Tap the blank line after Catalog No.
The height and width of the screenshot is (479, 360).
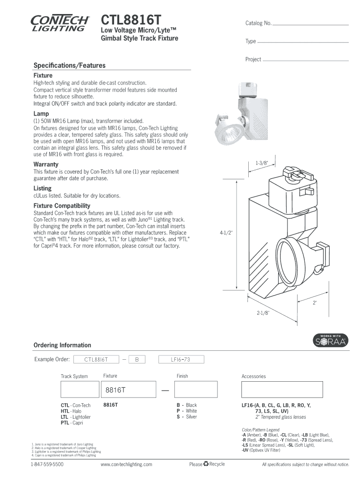coord(310,24)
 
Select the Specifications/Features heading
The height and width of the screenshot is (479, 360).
coord(69,65)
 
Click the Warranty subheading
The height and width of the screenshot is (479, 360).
coord(46,164)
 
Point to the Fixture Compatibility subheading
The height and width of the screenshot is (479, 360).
coord(62,206)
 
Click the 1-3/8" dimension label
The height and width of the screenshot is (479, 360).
coord(262,163)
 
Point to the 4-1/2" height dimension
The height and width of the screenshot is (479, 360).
coord(226,232)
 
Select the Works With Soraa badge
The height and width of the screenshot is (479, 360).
coord(330,341)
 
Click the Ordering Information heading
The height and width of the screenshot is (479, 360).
coord(62,345)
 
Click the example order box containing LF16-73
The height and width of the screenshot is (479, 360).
coord(181,360)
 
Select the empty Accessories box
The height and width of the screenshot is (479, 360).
coord(281,389)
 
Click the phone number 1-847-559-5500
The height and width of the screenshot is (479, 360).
coord(47,464)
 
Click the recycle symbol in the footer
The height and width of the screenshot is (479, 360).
coord(206,464)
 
